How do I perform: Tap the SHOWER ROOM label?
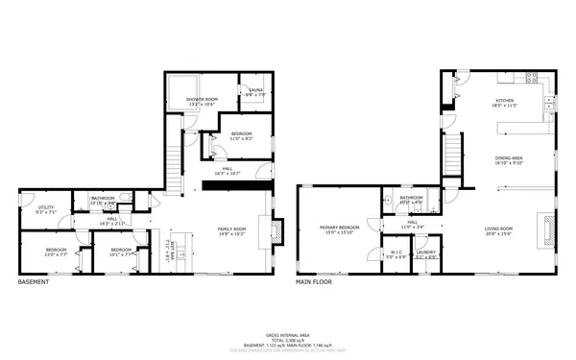coord(202,100)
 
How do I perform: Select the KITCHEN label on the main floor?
coord(505,101)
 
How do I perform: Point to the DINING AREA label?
coord(509,159)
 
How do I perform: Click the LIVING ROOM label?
coord(499,228)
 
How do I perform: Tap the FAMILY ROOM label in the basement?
coord(231,229)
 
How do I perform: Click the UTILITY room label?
coord(46,209)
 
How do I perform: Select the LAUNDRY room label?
coord(426,254)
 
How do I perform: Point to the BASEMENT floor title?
coord(35,282)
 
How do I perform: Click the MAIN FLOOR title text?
coord(314,282)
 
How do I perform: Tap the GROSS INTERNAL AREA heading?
coord(288,333)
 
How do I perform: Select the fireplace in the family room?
coord(277,230)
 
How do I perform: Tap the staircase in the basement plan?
coord(174,163)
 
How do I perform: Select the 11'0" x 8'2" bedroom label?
coord(241,136)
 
